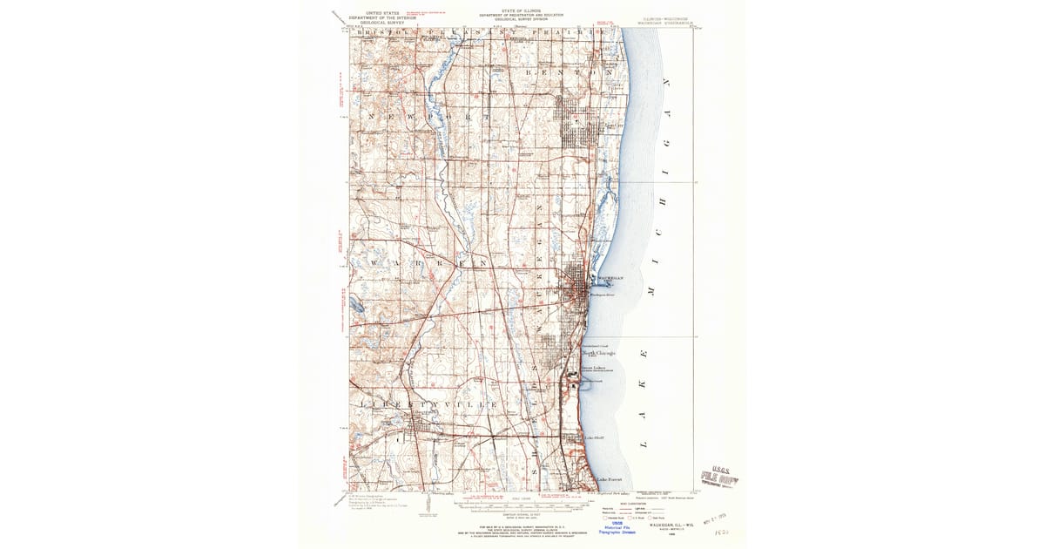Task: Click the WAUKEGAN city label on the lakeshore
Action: click(609, 278)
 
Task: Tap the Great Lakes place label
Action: click(593, 369)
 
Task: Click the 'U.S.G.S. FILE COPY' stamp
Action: click(720, 478)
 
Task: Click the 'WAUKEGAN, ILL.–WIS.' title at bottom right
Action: click(669, 526)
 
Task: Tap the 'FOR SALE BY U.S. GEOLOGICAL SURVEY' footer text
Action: click(521, 526)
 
